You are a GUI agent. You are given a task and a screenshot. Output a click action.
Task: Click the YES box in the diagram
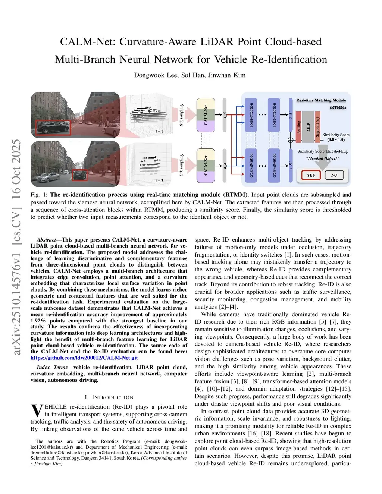click(x=311, y=175)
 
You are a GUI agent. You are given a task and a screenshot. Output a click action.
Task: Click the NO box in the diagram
click(x=334, y=175)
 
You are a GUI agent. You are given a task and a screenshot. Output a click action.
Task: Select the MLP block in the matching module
click(x=308, y=127)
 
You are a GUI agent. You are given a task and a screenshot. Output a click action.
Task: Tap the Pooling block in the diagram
click(x=299, y=127)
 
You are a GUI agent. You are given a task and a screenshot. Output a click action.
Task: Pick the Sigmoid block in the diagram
click(x=317, y=127)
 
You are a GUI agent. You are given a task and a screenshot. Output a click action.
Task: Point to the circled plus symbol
click(x=291, y=140)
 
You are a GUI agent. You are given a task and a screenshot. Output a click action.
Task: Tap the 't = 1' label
click(x=159, y=132)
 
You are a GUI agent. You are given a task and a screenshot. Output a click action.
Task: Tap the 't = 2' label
click(x=159, y=181)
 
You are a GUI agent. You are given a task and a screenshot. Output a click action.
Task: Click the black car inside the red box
click(x=53, y=128)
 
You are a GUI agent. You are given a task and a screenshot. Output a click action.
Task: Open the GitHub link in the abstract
click(x=84, y=358)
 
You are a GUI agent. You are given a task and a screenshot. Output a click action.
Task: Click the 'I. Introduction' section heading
click(x=109, y=397)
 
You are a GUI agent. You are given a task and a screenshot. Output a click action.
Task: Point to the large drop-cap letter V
click(x=37, y=410)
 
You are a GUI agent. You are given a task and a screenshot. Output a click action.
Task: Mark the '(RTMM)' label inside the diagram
click(x=338, y=107)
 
